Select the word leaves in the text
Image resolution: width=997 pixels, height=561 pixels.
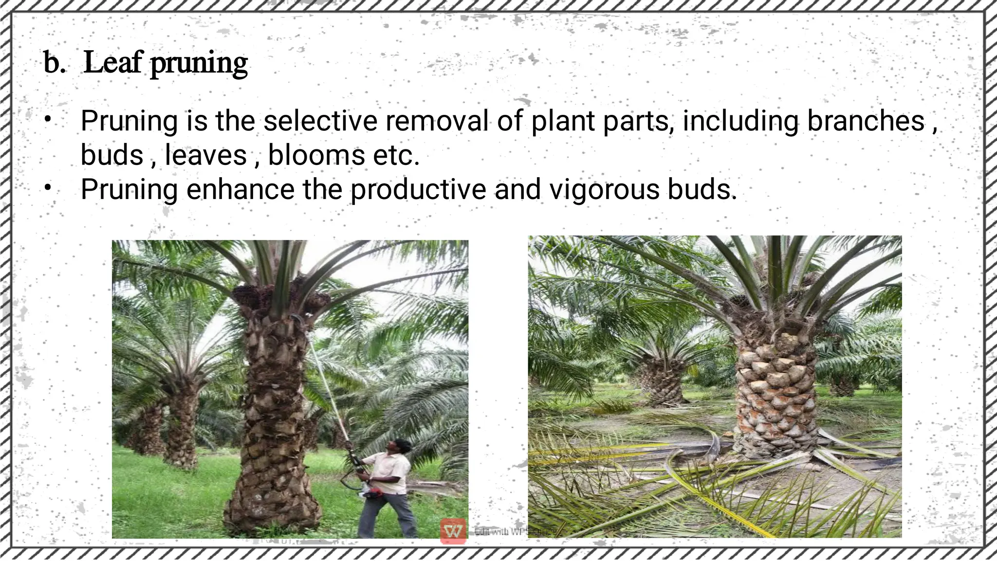(x=206, y=155)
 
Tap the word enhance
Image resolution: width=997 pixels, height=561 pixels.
(x=240, y=189)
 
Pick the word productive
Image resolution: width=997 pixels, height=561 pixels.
(x=418, y=189)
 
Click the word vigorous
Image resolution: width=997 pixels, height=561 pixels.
(x=604, y=189)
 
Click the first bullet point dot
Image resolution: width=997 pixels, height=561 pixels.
(x=48, y=119)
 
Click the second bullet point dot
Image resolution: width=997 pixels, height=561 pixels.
(x=48, y=188)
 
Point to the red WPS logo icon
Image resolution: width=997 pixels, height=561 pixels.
(x=453, y=531)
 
